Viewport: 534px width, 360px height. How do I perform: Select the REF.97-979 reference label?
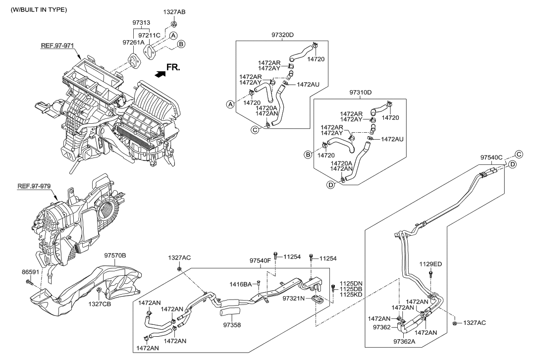[x=35, y=187]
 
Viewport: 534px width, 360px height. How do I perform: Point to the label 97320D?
[x=282, y=35]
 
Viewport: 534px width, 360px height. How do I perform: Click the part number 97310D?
[x=360, y=93]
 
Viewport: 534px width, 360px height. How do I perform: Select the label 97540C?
[x=491, y=157]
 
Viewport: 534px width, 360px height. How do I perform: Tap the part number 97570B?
[x=115, y=256]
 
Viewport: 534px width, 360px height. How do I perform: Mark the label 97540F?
[x=260, y=260]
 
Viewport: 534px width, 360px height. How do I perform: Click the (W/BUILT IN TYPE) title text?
[x=39, y=10]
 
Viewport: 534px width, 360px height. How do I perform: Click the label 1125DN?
[x=350, y=283]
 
